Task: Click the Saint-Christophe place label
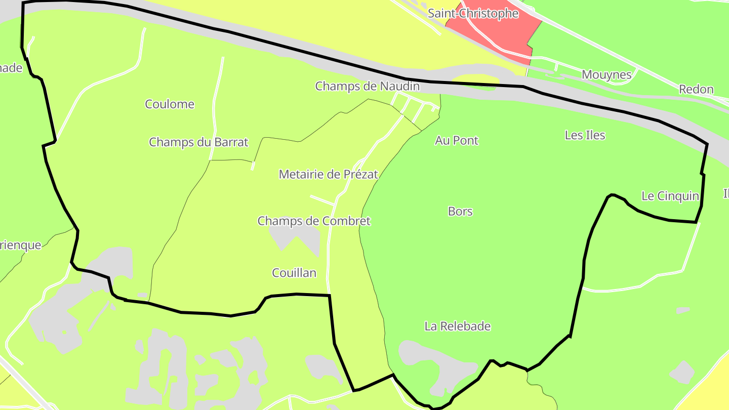click(473, 14)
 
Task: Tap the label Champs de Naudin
click(367, 86)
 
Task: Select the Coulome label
click(170, 104)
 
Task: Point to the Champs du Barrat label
click(198, 142)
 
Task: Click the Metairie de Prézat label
click(329, 175)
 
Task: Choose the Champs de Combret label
click(314, 221)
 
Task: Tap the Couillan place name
click(294, 273)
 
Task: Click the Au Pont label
click(457, 140)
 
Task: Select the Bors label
click(460, 211)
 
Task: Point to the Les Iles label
click(585, 135)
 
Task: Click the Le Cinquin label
click(670, 196)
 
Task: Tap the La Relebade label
click(458, 326)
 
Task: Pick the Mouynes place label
click(606, 75)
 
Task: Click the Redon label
click(696, 90)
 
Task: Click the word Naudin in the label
click(401, 86)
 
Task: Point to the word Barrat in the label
click(231, 142)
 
